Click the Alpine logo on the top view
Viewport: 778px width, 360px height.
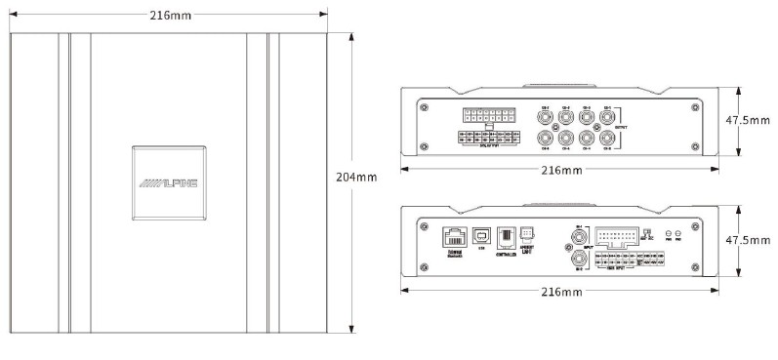click(168, 181)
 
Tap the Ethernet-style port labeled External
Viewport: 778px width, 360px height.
click(454, 236)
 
